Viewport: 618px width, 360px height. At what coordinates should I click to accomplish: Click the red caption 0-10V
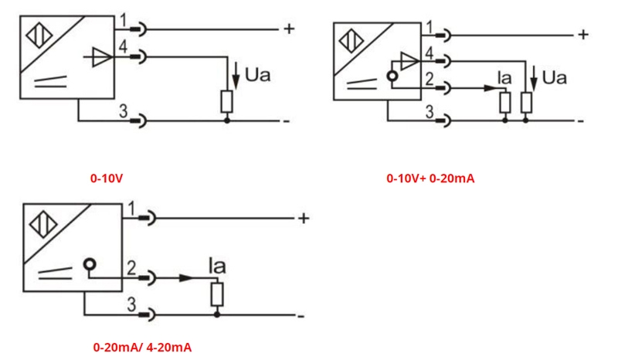tap(107, 178)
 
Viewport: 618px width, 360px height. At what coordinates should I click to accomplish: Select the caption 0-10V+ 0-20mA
tap(430, 178)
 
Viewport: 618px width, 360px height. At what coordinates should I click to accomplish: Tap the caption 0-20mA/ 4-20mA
tap(142, 347)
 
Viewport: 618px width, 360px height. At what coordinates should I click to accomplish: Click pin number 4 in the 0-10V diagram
tap(123, 47)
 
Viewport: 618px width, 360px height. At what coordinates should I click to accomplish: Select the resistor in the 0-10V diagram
tap(226, 102)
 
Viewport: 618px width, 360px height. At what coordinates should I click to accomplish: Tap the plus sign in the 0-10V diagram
tap(288, 29)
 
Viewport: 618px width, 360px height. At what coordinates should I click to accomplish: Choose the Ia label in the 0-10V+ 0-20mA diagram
tap(504, 77)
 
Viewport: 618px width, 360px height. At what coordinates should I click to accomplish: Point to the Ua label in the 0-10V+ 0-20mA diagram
tap(554, 77)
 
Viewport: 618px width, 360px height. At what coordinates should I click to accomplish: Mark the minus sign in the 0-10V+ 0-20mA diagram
tap(580, 121)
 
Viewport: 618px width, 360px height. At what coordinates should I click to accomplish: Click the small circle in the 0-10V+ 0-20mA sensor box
tap(392, 77)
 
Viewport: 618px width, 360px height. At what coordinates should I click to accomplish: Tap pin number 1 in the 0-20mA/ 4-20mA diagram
tap(131, 209)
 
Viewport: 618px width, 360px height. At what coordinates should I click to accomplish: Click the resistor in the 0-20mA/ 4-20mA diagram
tap(217, 294)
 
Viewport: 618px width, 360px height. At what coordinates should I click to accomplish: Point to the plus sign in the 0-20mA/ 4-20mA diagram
tap(304, 219)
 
